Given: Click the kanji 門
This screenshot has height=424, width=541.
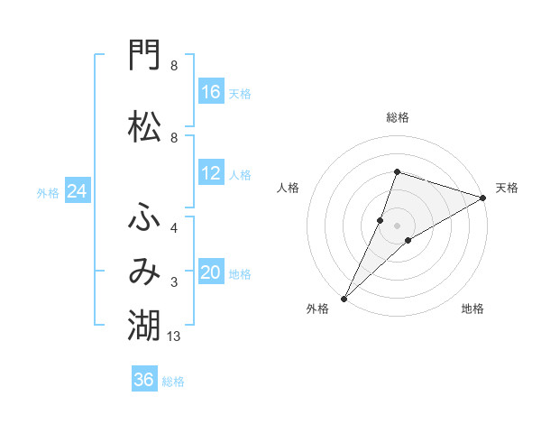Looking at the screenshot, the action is [x=144, y=55].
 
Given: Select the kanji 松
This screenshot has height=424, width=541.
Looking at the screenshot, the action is [x=144, y=126].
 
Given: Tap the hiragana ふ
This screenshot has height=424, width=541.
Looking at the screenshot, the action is [x=144, y=217].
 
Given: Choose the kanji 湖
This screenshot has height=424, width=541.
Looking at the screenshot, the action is [x=144, y=325].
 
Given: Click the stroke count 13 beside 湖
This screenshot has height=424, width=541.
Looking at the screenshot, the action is [x=173, y=336].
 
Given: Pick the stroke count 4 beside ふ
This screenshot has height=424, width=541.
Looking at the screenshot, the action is [x=174, y=228].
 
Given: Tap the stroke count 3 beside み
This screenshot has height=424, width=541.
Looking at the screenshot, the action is [x=174, y=282].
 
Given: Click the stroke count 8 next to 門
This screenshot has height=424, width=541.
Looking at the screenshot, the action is [x=174, y=66].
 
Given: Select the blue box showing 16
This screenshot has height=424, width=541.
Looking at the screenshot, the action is [x=212, y=91].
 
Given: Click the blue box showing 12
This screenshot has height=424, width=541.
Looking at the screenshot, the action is [x=212, y=172].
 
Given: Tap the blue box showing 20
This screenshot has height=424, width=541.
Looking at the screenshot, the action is [x=212, y=271].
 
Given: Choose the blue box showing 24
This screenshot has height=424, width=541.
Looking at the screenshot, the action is [x=78, y=190].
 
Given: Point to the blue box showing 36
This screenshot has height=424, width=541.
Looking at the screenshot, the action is [x=144, y=378].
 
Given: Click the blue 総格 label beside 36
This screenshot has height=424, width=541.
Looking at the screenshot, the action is [x=173, y=382].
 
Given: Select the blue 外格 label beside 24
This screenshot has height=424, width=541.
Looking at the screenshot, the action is [x=48, y=193].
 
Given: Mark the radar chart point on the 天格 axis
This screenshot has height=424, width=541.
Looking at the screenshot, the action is [x=483, y=198].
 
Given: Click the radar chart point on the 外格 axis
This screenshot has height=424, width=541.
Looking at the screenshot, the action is [x=344, y=299].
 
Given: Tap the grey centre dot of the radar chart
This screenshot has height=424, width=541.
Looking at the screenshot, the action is [x=397, y=226].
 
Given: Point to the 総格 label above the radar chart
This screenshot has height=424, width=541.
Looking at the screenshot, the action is [x=398, y=118].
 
